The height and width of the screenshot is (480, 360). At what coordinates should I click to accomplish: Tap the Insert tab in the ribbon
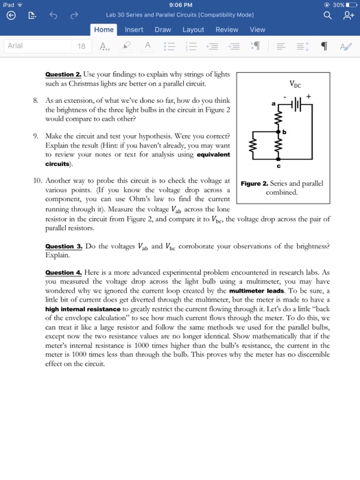coord(134,29)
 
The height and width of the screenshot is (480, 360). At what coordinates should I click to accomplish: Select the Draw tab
coord(163,29)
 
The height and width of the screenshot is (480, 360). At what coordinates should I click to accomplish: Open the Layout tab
coord(193,29)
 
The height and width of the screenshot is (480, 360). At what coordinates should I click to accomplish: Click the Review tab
coord(226,29)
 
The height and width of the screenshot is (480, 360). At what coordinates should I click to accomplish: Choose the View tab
coord(257,29)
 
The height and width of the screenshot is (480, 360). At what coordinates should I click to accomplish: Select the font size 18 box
coord(82,47)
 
